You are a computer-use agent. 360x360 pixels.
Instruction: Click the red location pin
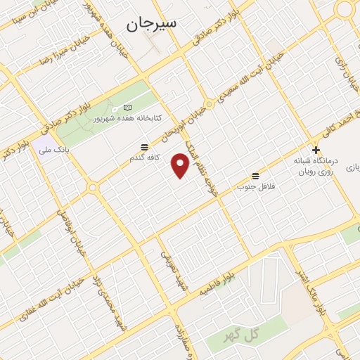coord(181,165)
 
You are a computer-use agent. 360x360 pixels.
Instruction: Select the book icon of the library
coord(127,107)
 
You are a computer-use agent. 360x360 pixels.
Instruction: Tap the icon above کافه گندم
coord(144,147)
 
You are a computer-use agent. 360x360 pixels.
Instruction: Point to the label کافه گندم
coord(143,158)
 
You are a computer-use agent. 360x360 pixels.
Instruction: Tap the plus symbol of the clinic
coord(316,150)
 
